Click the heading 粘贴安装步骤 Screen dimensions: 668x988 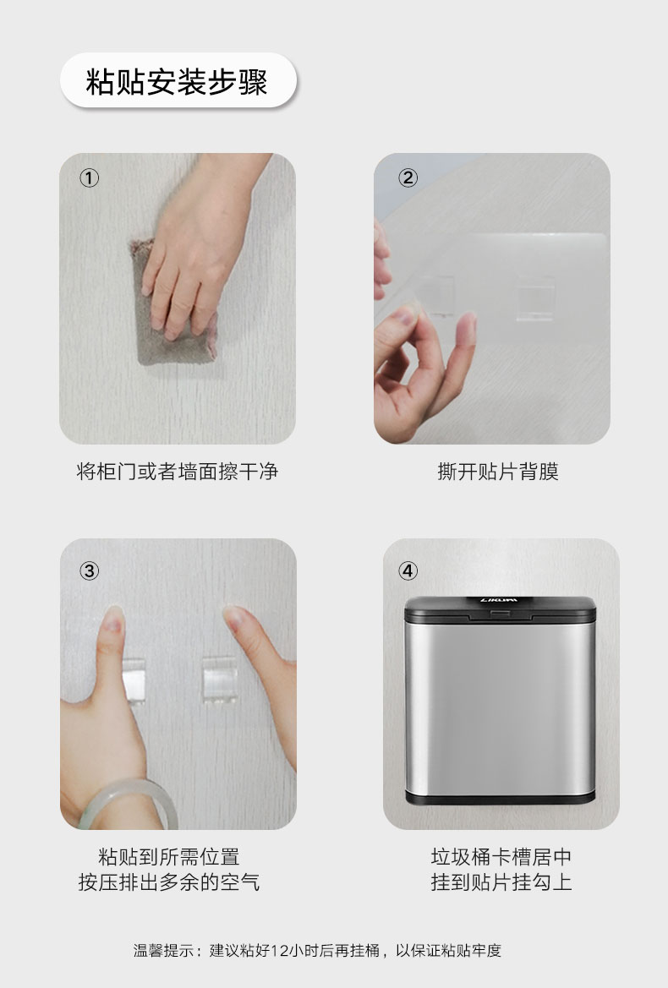pyautogui.click(x=177, y=82)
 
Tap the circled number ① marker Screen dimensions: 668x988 pyautogui.click(x=90, y=178)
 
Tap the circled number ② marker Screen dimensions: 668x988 pyautogui.click(x=408, y=178)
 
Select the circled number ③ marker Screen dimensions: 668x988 pyautogui.click(x=90, y=570)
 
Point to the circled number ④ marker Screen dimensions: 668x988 pyautogui.click(x=408, y=570)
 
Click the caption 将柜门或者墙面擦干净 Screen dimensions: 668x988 pyautogui.click(x=177, y=472)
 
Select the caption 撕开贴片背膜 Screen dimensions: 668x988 pyautogui.click(x=499, y=472)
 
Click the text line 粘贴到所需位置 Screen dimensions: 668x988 pyautogui.click(x=169, y=857)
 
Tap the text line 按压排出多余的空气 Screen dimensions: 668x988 pyautogui.click(x=169, y=882)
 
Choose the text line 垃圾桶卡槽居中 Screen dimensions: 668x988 pyautogui.click(x=501, y=857)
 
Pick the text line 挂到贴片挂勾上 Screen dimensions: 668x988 pyautogui.click(x=501, y=882)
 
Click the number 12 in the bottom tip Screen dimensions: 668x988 pyautogui.click(x=279, y=950)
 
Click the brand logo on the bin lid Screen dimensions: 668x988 pyautogui.click(x=499, y=600)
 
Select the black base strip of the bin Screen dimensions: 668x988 pyautogui.click(x=501, y=799)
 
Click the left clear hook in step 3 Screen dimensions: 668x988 pyautogui.click(x=134, y=680)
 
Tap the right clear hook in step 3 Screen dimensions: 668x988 pyautogui.click(x=219, y=680)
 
